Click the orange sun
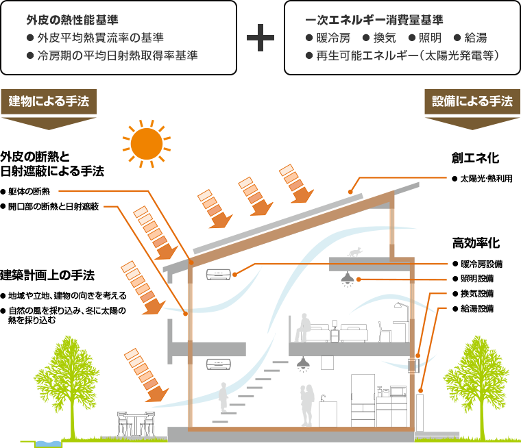(x=146, y=142)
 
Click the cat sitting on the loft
(x=354, y=252)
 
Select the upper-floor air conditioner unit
(x=218, y=274)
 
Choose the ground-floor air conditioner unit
(x=218, y=364)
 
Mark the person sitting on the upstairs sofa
(x=302, y=327)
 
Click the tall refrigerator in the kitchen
(x=362, y=401)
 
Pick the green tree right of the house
(x=478, y=380)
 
